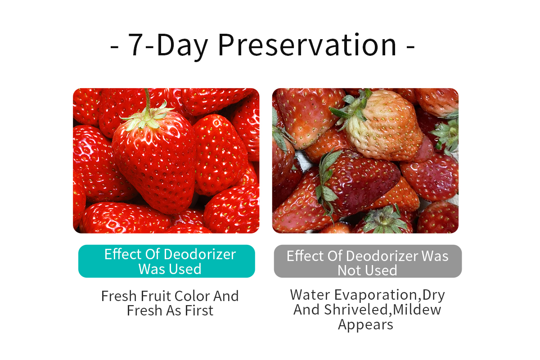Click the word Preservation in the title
click(307, 45)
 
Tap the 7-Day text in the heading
click(168, 46)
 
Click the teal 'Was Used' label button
click(166, 261)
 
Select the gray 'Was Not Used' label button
click(368, 261)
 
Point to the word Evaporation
click(376, 295)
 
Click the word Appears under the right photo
click(365, 325)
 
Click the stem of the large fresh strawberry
click(147, 99)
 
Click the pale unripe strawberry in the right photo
click(383, 126)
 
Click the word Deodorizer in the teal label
click(200, 254)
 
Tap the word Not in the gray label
click(349, 270)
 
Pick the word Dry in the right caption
click(433, 296)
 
